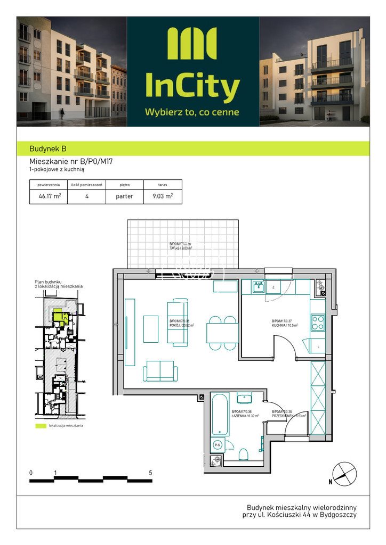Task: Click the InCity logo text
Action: click(192, 86)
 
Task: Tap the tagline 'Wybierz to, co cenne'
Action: click(192, 112)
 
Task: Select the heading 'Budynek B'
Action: click(48, 149)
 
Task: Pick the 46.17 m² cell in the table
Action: click(49, 196)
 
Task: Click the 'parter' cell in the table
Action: click(124, 196)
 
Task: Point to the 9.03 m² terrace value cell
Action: click(163, 196)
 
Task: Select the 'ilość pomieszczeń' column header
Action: click(86, 185)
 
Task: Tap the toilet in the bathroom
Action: click(243, 454)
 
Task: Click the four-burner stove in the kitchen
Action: click(318, 323)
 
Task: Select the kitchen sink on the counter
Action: click(258, 287)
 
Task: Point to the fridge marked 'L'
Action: click(318, 346)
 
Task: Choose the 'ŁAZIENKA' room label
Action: click(245, 416)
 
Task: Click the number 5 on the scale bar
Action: click(151, 473)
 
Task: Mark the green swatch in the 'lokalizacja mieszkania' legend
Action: click(41, 426)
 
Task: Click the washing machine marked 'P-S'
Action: click(218, 444)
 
